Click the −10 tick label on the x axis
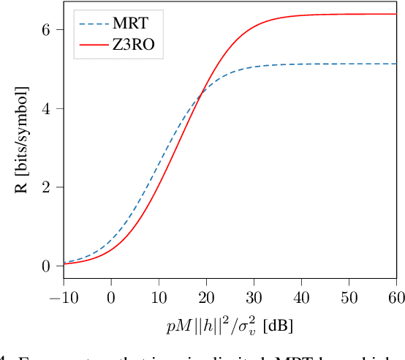64,298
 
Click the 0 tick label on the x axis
111,298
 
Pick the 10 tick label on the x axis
159,298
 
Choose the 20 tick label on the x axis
206,298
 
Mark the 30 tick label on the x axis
254,298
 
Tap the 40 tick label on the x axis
301,298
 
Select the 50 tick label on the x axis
349,298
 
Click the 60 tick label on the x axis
395,298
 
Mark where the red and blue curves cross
201,92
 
